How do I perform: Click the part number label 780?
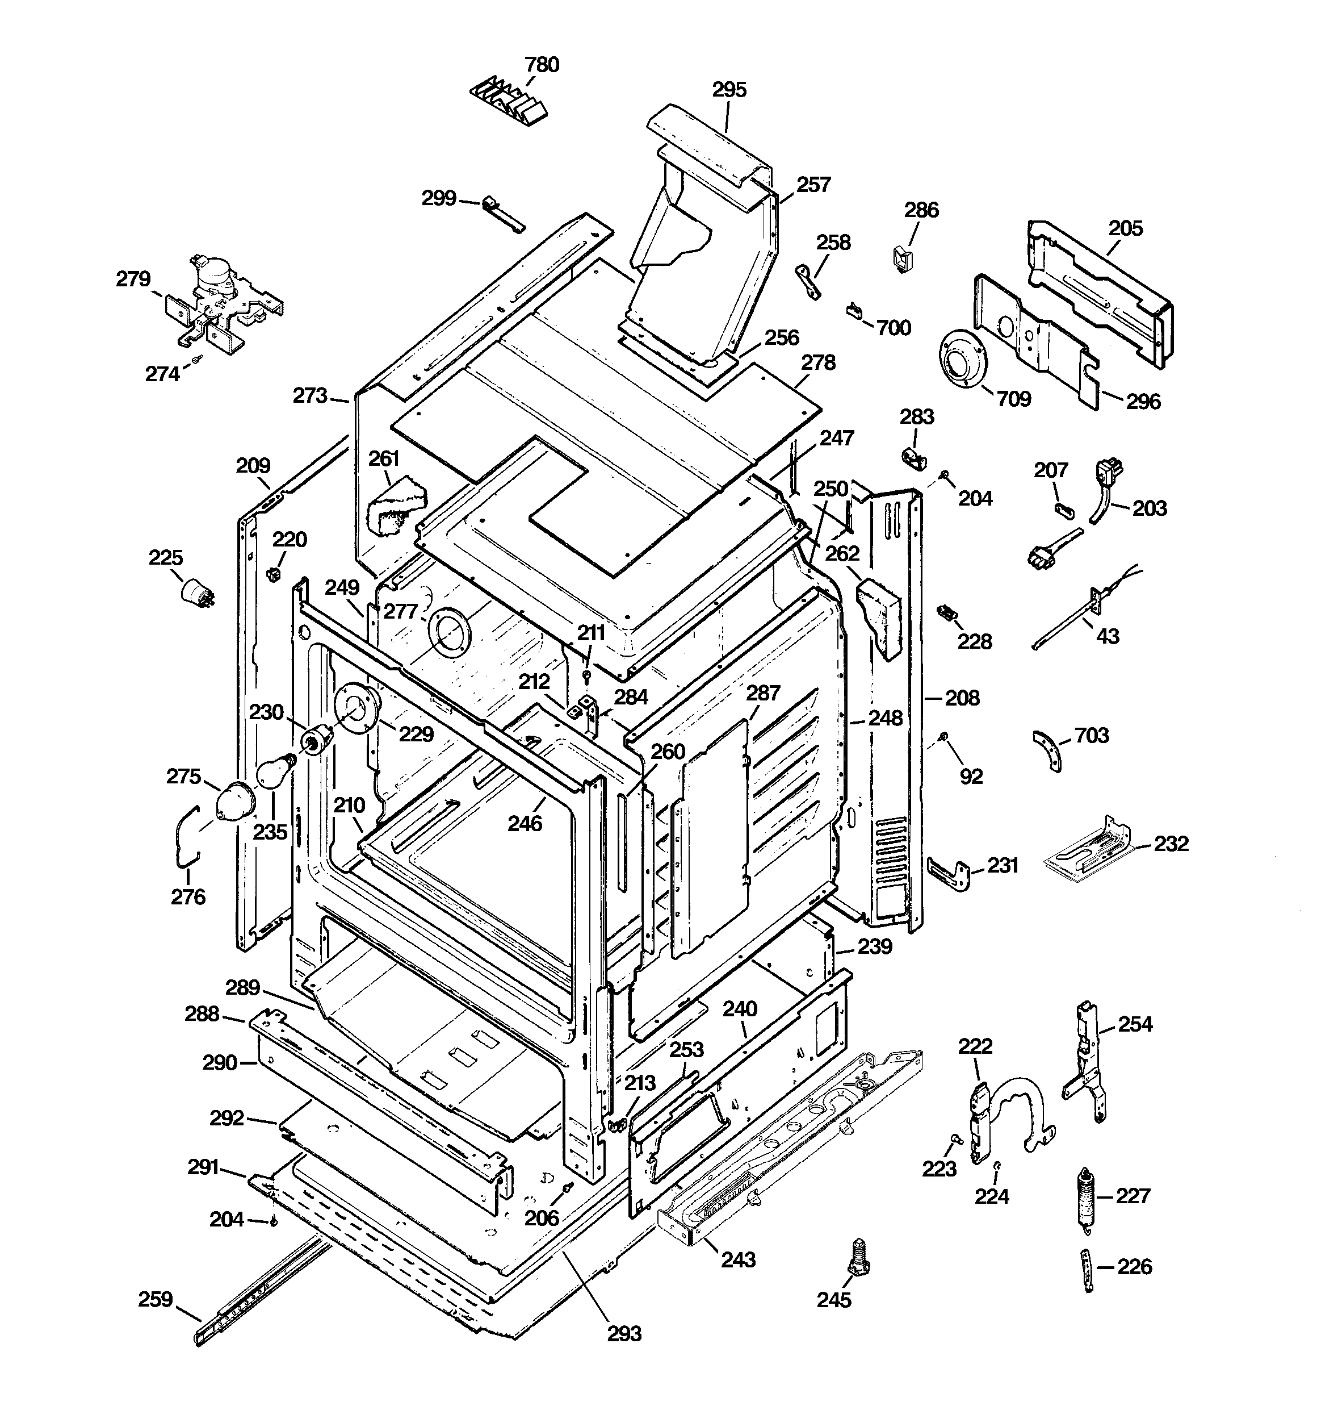542,64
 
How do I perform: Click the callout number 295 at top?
729,90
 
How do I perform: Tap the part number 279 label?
133,279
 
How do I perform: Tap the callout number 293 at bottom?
624,1333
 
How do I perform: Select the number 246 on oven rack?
525,823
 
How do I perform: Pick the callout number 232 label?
1171,843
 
